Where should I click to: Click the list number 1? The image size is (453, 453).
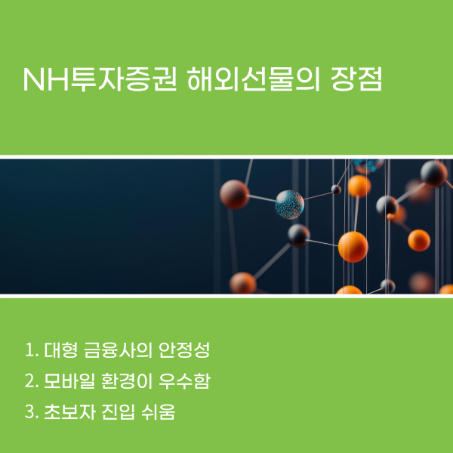click(30, 351)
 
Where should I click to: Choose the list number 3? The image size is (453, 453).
click(31, 413)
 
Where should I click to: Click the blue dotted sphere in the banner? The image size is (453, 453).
click(289, 203)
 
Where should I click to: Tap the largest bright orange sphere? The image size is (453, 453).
click(353, 246)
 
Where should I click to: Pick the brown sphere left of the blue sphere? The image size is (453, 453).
click(235, 194)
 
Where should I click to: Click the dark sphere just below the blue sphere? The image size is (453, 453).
click(299, 235)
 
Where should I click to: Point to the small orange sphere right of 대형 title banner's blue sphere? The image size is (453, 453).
click(359, 186)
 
